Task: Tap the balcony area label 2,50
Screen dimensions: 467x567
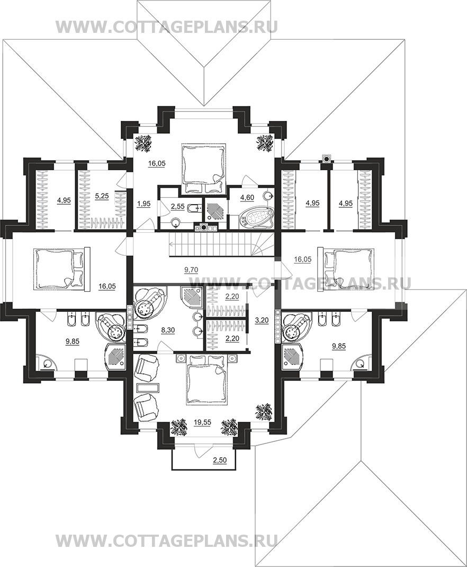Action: coord(219,460)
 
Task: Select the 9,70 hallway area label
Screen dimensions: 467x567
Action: coord(191,269)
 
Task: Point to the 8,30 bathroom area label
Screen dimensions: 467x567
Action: coord(168,330)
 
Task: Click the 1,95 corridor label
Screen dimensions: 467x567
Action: coord(143,204)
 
